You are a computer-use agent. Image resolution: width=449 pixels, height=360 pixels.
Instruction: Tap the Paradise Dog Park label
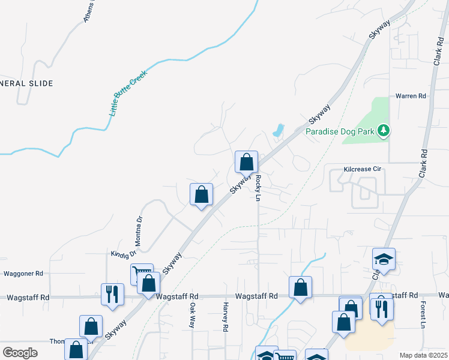pos(340,131)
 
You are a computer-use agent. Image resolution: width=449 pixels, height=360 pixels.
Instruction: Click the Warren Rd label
pos(411,96)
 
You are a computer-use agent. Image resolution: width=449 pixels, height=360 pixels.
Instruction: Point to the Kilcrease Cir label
pos(363,170)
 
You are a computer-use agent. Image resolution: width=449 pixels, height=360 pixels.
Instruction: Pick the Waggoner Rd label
pos(23,273)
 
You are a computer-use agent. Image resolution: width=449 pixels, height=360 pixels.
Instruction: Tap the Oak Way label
pos(192,315)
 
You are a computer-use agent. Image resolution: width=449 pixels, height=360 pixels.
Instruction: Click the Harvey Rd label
pos(226,317)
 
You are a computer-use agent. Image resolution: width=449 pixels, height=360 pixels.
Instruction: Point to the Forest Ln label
pos(423,315)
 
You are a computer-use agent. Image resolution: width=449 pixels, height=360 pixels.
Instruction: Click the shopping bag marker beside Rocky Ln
pos(246,161)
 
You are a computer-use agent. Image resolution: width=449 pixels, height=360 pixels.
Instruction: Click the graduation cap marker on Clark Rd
pos(384,259)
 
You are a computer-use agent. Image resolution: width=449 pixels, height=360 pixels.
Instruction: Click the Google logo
pos(20,353)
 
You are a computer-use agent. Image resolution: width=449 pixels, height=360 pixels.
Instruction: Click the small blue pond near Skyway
pos(278,130)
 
